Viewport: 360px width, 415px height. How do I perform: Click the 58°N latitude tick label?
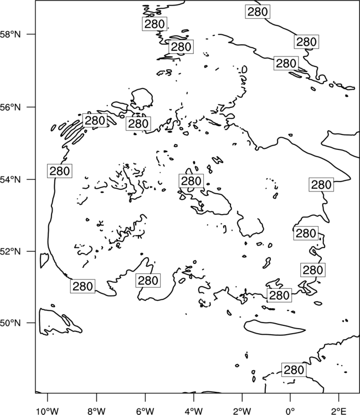click(11, 34)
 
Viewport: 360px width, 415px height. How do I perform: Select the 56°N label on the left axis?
click(11, 107)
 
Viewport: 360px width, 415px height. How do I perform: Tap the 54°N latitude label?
click(11, 180)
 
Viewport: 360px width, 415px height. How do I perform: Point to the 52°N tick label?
click(11, 251)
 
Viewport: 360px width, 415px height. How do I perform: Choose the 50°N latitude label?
click(11, 323)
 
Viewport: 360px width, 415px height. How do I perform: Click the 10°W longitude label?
click(48, 411)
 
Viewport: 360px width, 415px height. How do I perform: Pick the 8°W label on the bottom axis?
click(96, 411)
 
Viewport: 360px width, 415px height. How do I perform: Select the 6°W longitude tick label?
click(145, 411)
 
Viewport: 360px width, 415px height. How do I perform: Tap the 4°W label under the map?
click(194, 411)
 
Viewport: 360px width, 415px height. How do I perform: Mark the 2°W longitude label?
click(242, 411)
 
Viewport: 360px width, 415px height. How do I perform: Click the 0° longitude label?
click(290, 411)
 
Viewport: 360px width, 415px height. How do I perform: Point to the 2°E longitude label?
click(339, 411)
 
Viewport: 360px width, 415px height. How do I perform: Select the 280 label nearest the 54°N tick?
click(60, 171)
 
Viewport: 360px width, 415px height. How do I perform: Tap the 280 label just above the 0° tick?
click(294, 370)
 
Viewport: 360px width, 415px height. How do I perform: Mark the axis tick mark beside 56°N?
click(31, 107)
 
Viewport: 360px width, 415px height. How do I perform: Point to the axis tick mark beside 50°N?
click(31, 323)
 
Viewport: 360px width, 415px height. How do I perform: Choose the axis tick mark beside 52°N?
click(31, 251)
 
